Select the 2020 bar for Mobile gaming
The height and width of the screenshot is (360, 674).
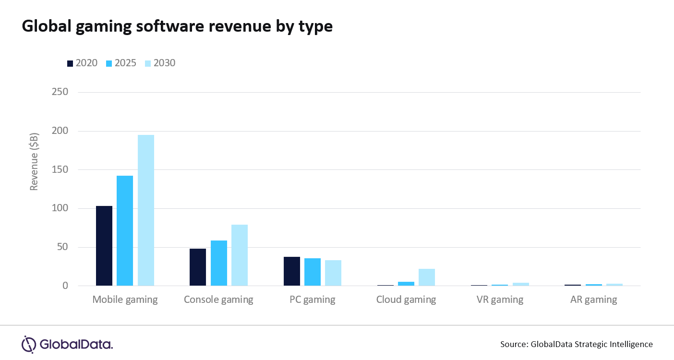pos(104,246)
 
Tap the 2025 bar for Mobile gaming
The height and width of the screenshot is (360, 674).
pos(125,231)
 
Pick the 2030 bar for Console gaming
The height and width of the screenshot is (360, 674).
pos(240,255)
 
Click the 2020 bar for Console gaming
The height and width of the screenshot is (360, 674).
pos(198,267)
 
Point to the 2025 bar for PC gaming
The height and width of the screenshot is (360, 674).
pos(313,272)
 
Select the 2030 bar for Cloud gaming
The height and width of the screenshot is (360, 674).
pos(427,277)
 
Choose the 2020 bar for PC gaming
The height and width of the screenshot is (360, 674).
pos(292,272)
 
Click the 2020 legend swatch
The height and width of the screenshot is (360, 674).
pos(70,63)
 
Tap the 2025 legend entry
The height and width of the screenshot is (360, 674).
pos(120,63)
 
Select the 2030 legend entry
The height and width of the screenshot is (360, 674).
pos(159,63)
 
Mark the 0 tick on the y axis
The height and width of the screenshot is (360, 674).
pos(65,286)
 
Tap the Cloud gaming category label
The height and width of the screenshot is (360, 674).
pos(406,300)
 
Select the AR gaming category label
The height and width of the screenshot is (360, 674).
pos(593,300)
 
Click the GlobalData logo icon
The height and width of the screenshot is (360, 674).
pos(29,344)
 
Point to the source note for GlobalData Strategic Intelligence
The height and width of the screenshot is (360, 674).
pos(576,344)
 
